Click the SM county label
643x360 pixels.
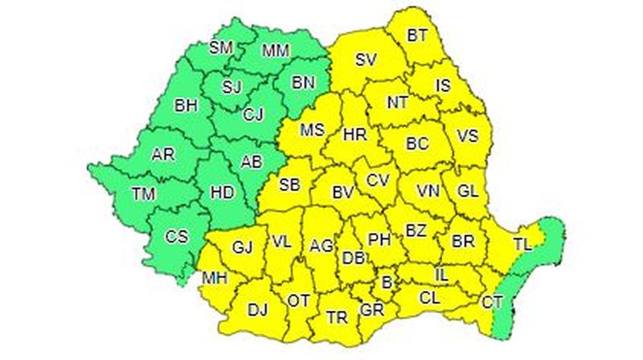[x=221, y=47]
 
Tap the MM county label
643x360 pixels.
[x=276, y=51]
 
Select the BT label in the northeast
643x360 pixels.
[x=417, y=35]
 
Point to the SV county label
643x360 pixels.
[x=366, y=59]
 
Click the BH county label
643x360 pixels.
[x=186, y=104]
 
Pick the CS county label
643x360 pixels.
[x=176, y=236]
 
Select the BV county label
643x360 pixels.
[x=343, y=193]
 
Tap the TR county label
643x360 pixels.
[x=338, y=317]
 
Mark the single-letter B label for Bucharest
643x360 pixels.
[x=387, y=282]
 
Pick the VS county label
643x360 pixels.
[x=468, y=137]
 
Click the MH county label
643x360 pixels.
[x=214, y=279]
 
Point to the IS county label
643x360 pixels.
[x=444, y=84]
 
